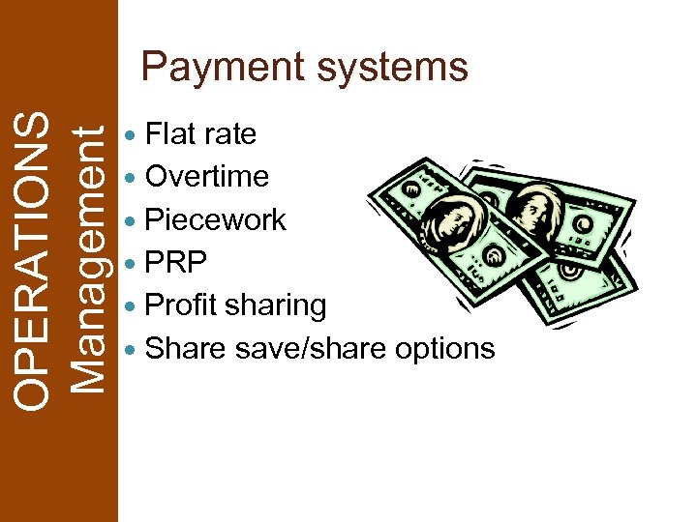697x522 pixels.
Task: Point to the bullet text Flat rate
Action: (200, 133)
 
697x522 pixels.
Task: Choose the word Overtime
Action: (206, 176)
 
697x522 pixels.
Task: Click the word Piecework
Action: (215, 219)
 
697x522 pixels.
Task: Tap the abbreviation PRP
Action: (175, 262)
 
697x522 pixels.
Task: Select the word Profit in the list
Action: (181, 304)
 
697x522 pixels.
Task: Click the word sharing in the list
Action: (275, 304)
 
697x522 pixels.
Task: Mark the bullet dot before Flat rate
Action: (133, 134)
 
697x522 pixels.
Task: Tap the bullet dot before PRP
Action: (133, 263)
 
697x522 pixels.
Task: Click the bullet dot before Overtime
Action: (133, 177)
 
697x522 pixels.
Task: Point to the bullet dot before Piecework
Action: (133, 220)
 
